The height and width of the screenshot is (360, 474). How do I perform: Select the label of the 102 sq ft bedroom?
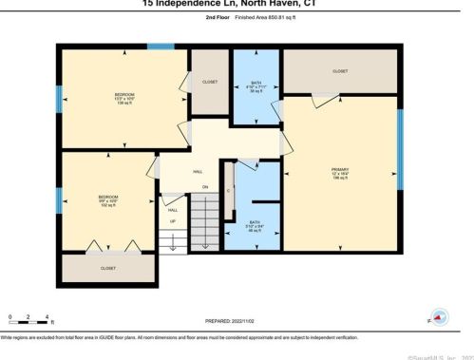(x=105, y=199)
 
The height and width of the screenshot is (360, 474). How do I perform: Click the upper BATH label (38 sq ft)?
(x=256, y=83)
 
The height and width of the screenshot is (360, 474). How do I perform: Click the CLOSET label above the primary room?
(x=339, y=71)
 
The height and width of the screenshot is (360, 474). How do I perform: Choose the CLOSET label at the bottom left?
(x=108, y=268)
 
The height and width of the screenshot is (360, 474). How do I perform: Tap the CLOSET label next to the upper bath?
(x=210, y=83)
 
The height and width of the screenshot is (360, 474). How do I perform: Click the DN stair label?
(x=203, y=187)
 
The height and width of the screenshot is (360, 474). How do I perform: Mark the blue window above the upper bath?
(x=256, y=45)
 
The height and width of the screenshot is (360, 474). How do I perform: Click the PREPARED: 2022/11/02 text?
(x=237, y=320)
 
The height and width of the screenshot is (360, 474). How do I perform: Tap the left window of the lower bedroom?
(x=59, y=199)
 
